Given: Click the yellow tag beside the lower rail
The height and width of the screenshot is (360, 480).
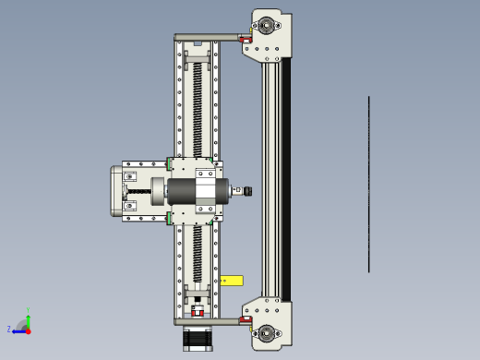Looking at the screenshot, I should (232, 280).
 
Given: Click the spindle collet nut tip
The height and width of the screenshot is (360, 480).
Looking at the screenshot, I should (246, 191).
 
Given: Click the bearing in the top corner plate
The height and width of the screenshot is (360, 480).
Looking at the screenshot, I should (269, 25).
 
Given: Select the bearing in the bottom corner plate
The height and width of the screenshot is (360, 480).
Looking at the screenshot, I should (269, 332).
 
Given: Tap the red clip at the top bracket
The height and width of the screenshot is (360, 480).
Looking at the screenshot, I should (245, 40).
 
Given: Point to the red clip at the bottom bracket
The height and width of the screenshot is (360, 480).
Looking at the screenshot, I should (245, 319).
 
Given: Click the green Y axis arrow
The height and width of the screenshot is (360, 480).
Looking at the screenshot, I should (28, 318).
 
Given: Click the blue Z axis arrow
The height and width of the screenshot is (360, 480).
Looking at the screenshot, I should (19, 329).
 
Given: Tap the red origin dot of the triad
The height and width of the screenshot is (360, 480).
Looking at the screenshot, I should (28, 329).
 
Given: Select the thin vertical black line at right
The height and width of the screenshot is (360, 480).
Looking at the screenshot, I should (368, 185).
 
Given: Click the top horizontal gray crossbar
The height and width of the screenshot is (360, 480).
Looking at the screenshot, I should (208, 38).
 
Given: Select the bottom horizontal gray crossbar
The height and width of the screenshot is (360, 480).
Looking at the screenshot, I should (208, 321).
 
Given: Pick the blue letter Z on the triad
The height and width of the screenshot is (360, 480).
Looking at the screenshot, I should (9, 329).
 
